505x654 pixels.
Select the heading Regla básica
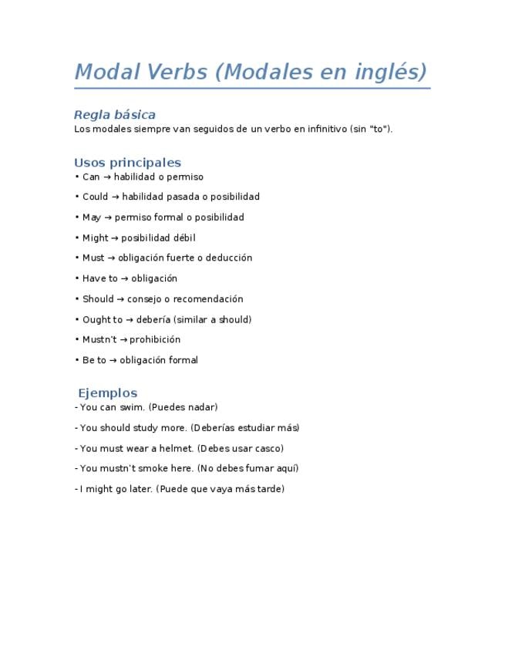[x=114, y=115]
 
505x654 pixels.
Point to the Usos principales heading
[x=127, y=163]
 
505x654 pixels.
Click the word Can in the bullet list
[x=91, y=177]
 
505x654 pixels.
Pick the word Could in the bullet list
[x=95, y=197]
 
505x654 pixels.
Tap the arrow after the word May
[x=108, y=217]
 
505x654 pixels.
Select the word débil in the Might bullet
[x=179, y=238]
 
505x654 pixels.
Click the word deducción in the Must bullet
[x=226, y=258]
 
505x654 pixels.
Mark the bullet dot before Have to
[x=77, y=278]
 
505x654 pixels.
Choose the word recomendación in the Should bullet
[x=207, y=299]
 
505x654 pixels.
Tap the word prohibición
[x=155, y=339]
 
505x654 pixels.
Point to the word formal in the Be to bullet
[x=183, y=360]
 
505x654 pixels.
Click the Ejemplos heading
[x=107, y=393]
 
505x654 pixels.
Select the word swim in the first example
[x=131, y=407]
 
